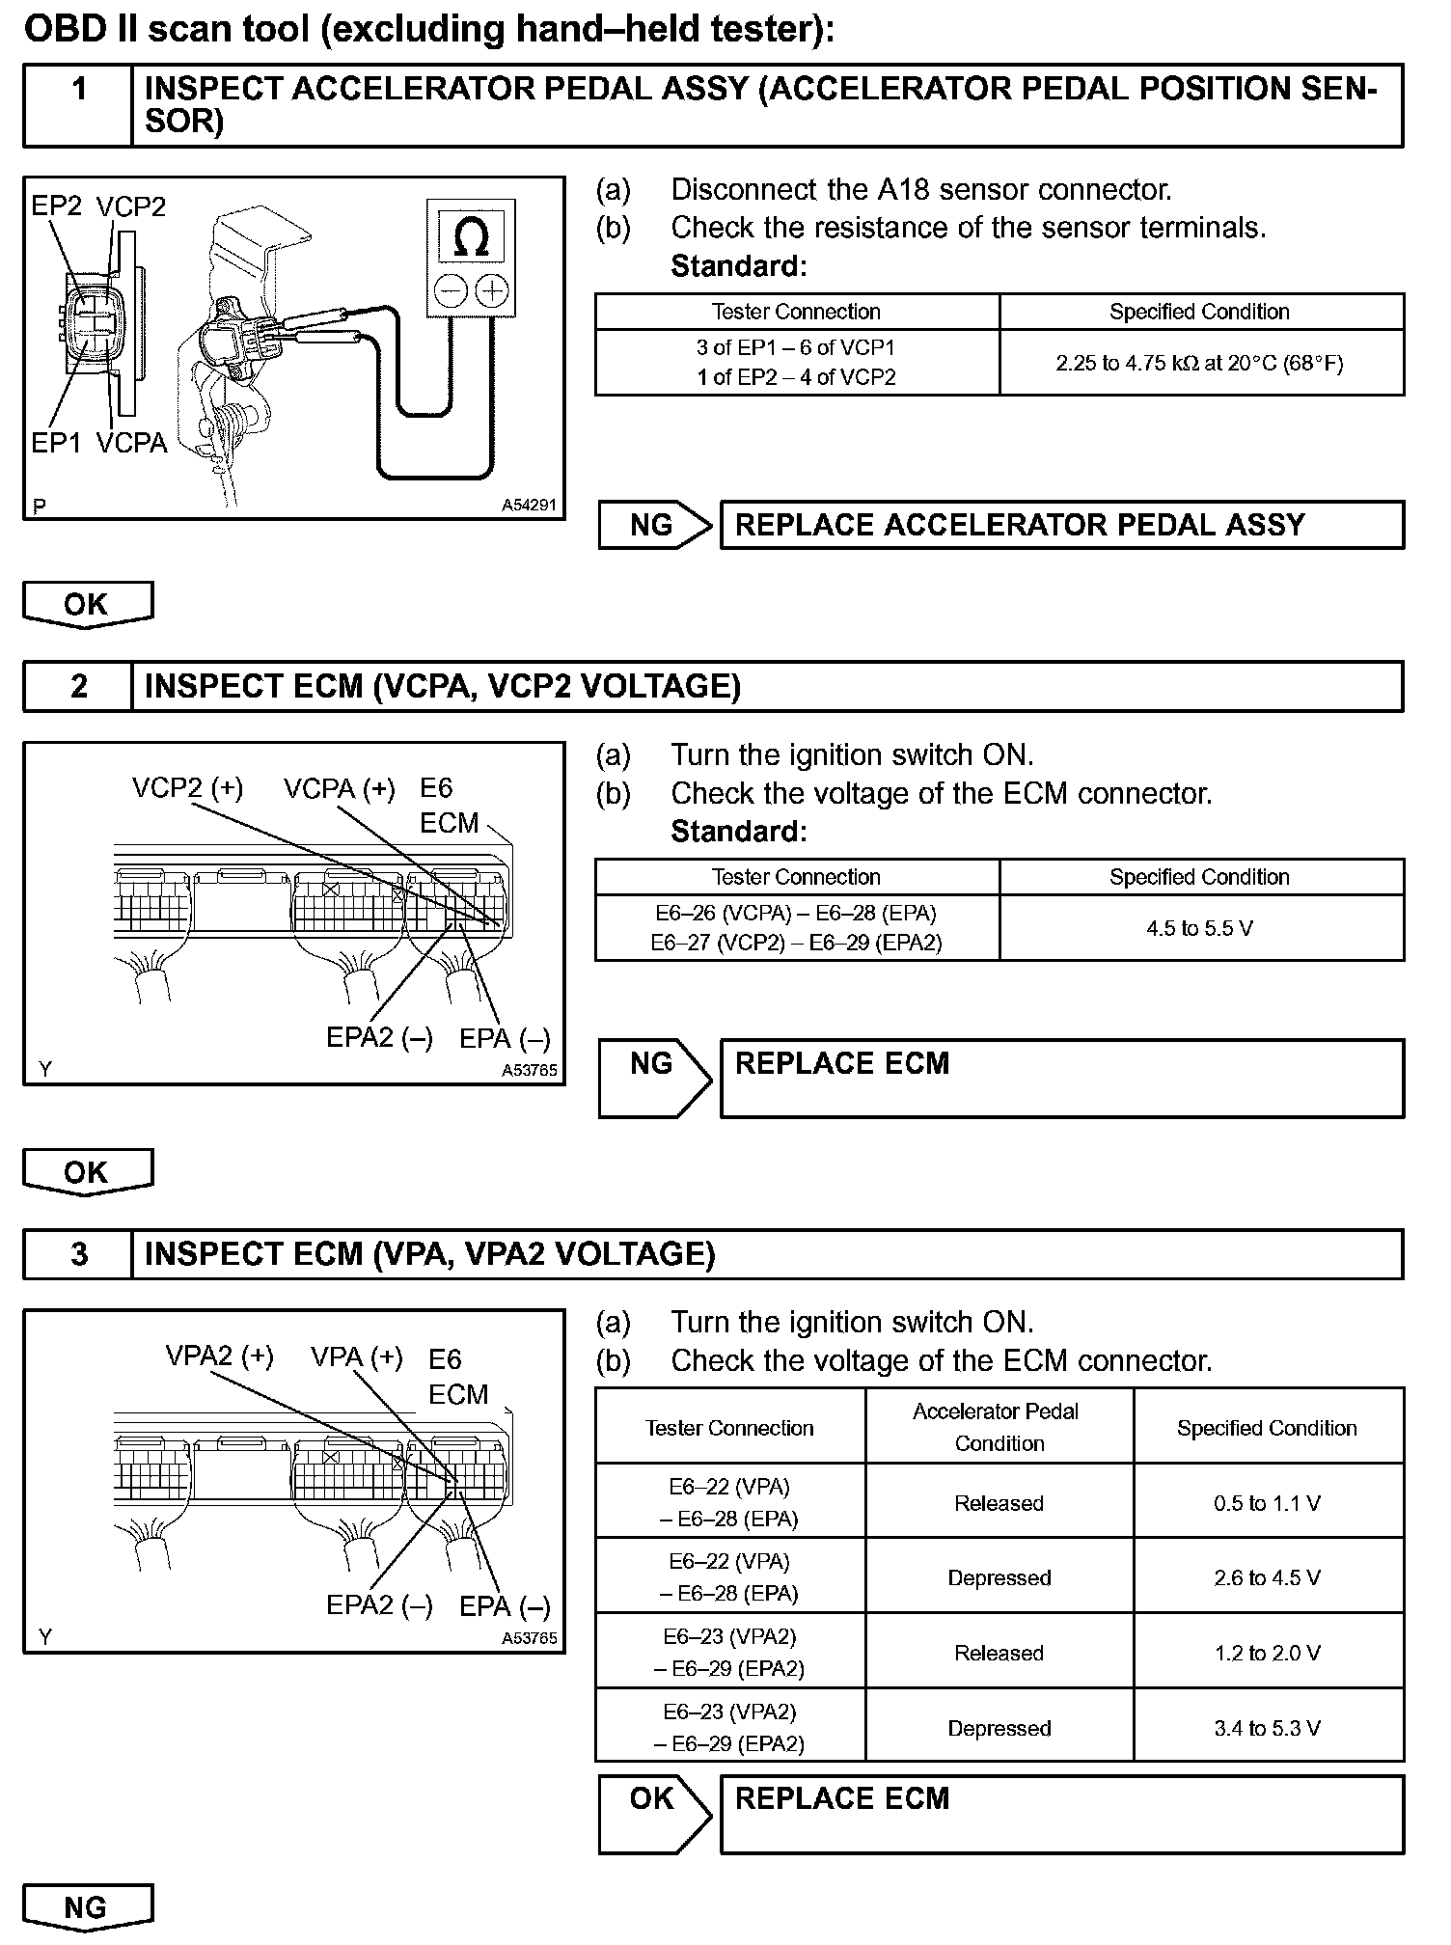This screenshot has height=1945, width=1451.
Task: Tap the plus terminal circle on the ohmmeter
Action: pos(492,290)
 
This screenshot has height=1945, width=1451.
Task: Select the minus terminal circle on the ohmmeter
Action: pos(450,290)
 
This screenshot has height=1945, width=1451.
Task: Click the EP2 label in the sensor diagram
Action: pos(57,206)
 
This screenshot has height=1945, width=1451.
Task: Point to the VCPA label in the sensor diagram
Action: pos(132,443)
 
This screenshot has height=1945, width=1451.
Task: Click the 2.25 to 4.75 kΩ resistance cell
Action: pos(1200,363)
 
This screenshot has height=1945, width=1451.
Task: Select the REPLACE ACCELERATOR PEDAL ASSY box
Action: pos(1061,526)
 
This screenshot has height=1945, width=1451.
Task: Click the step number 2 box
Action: pos(78,686)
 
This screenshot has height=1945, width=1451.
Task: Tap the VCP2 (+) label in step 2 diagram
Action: pos(187,788)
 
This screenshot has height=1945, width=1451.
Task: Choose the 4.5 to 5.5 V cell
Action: pos(1200,928)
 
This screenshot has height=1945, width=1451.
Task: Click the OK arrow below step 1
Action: pos(87,605)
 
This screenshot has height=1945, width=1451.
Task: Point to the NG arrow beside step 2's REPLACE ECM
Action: pos(653,1077)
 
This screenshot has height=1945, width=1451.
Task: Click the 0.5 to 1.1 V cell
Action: pos(1267,1503)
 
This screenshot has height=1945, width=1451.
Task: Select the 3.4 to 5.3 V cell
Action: pos(1267,1728)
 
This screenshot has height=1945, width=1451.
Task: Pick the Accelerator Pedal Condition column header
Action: pos(999,1427)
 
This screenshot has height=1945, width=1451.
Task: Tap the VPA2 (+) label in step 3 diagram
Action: pos(219,1356)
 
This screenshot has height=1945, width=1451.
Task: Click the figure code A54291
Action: pos(529,505)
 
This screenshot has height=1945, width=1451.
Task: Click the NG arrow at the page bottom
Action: pos(87,1907)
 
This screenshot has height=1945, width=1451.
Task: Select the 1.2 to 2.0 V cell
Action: pos(1267,1653)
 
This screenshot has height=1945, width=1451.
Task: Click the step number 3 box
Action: pos(78,1254)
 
